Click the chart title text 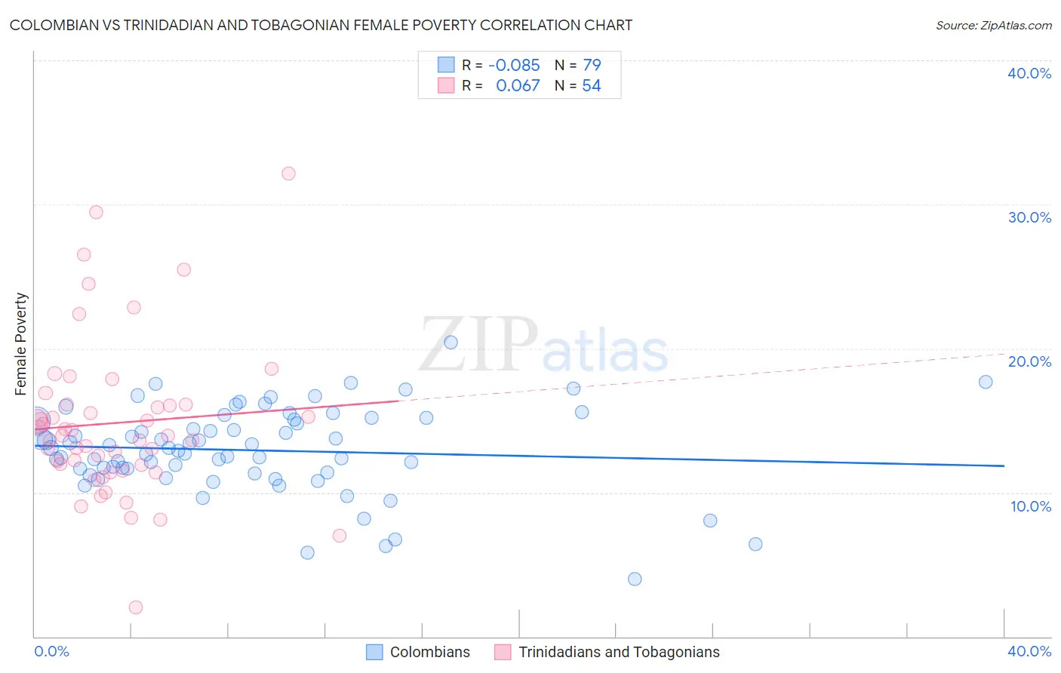point(321,25)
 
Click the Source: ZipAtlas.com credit point(993,25)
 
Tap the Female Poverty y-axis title point(21,344)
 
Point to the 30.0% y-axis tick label point(1029,217)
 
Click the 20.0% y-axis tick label point(1029,361)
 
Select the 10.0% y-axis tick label point(1031,506)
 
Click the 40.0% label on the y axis point(1029,73)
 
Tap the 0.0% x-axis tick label point(51,651)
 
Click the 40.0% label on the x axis point(1029,651)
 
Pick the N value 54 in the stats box point(591,86)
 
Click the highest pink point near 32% point(288,174)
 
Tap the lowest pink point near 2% point(136,607)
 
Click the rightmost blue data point point(986,382)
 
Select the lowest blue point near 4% point(635,579)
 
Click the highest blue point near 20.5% point(451,342)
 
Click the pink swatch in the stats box point(446,86)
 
